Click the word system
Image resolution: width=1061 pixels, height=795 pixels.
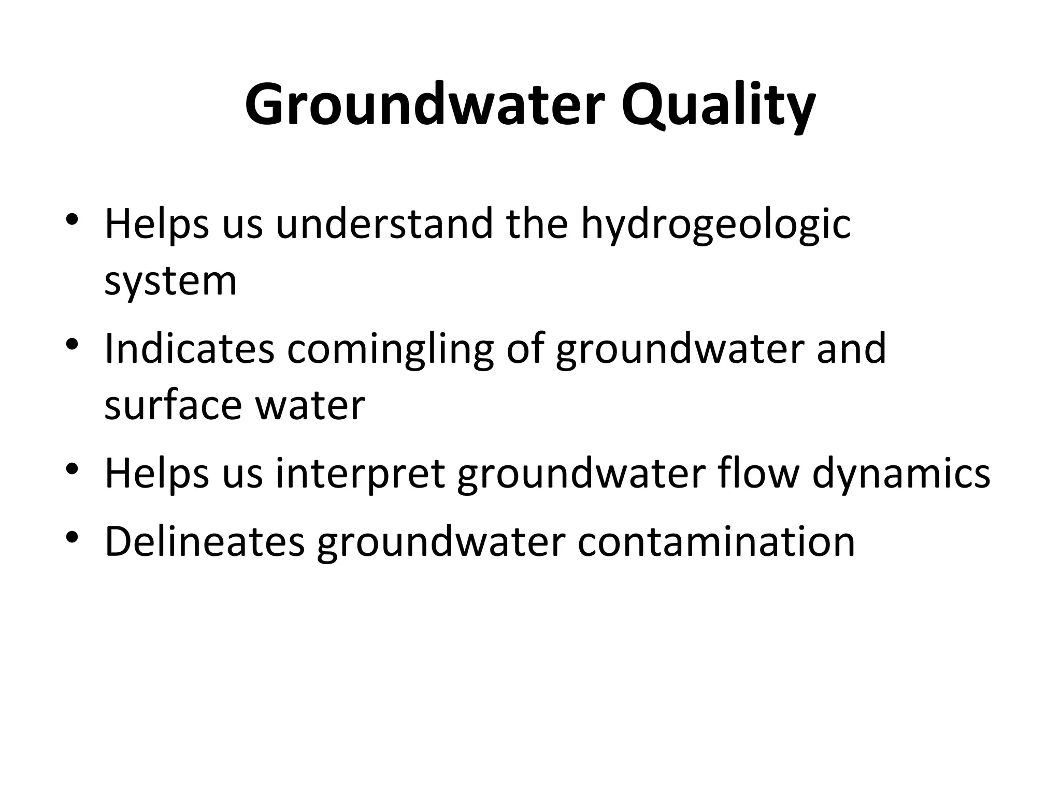(170, 282)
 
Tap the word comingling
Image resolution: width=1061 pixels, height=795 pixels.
(391, 349)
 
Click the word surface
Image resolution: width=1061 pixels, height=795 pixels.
(173, 405)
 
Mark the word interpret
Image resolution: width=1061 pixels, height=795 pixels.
(360, 473)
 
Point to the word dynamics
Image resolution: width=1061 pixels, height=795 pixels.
(901, 473)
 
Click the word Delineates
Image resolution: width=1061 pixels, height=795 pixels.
(205, 541)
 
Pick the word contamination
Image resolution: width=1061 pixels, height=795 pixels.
(716, 541)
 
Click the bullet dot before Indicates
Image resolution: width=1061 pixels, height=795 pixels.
(72, 343)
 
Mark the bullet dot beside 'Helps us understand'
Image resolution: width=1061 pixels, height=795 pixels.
(72, 218)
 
